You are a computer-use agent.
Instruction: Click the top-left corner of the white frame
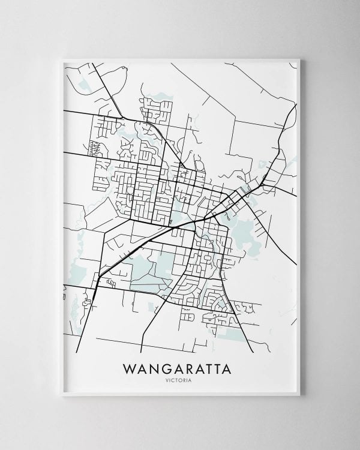coord(61,58)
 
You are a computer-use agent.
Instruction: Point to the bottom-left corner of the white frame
coord(61,400)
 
